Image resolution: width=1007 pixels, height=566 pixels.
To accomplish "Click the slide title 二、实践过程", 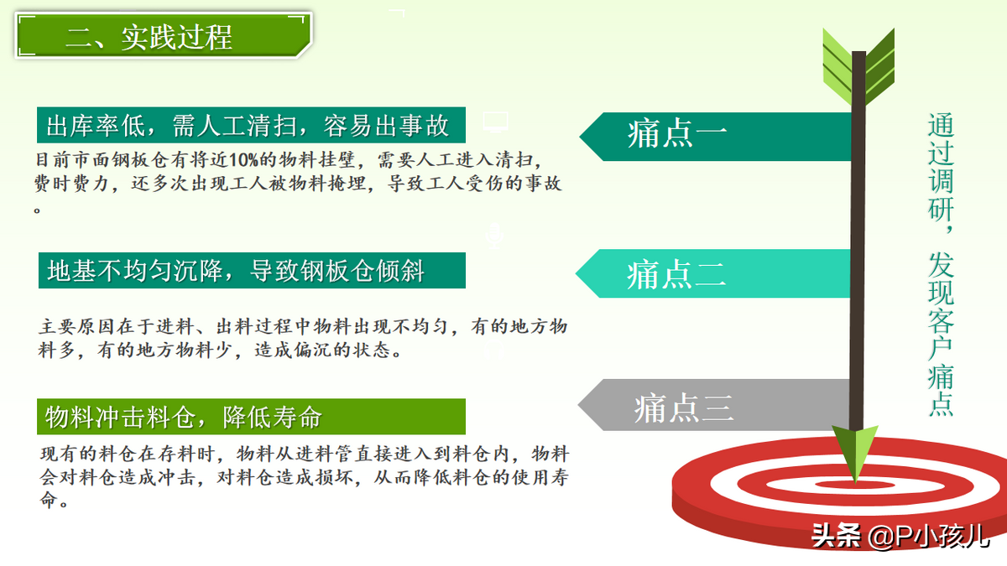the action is click(149, 37).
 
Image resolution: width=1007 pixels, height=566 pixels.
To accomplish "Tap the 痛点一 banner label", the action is click(677, 134).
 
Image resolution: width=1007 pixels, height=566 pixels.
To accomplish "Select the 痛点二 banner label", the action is click(676, 274).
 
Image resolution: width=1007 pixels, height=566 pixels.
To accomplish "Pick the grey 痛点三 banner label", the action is click(683, 408).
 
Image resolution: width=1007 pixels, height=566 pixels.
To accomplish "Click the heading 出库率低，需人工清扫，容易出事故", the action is click(248, 125).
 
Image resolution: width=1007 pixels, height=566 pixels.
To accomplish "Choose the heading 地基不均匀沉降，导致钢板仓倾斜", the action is click(236, 271).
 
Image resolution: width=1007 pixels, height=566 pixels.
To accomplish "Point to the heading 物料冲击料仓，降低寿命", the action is click(184, 417).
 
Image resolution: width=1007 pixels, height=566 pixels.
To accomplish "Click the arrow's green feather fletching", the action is click(858, 66).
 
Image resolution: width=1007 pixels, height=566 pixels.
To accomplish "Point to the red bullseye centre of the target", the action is click(854, 485).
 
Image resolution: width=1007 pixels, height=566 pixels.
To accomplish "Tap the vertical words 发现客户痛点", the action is click(941, 334).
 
